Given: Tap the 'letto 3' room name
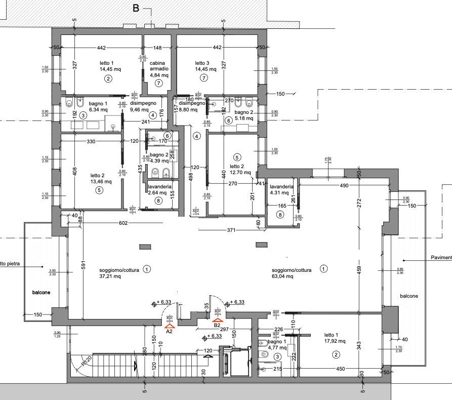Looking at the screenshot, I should tap(202, 63).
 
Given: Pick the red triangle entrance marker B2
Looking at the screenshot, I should tap(218, 319).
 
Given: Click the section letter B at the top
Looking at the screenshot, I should tap(136, 8).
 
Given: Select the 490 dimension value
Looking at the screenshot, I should tap(344, 186).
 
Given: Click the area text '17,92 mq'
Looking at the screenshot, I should tap(335, 341).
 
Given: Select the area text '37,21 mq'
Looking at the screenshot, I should tap(110, 276).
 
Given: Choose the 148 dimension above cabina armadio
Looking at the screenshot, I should tap(158, 48).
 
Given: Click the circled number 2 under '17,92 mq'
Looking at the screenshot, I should tap(336, 354).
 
